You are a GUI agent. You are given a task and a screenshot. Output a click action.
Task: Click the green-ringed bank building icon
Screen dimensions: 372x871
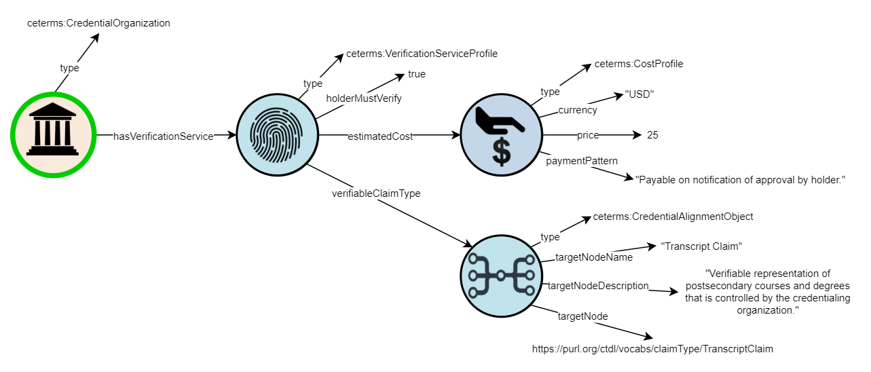(x=52, y=135)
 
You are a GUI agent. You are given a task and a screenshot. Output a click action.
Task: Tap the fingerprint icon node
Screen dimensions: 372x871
(x=276, y=136)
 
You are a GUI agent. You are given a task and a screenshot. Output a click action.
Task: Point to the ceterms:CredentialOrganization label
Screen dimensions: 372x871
(x=98, y=23)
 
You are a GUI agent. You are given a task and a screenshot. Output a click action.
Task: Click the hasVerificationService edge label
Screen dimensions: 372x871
(x=163, y=136)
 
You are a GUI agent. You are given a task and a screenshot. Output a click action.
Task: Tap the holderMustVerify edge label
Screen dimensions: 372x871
(x=364, y=98)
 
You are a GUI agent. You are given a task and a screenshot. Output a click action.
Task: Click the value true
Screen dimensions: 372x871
(x=417, y=74)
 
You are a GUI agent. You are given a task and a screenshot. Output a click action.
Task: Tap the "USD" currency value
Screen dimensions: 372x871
(x=638, y=94)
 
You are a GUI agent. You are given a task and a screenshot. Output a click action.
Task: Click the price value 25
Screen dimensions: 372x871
(x=652, y=135)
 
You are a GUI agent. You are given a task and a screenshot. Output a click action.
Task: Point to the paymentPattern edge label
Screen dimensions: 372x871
(x=582, y=161)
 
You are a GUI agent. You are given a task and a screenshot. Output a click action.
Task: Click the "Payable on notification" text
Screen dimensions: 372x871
(x=739, y=179)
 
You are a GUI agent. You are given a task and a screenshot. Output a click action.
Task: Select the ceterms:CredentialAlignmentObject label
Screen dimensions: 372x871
(x=673, y=217)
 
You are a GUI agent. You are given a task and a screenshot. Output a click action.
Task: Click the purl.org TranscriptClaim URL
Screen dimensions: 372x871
(x=652, y=349)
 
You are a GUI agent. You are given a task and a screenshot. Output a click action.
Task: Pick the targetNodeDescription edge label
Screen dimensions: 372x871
(x=598, y=286)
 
